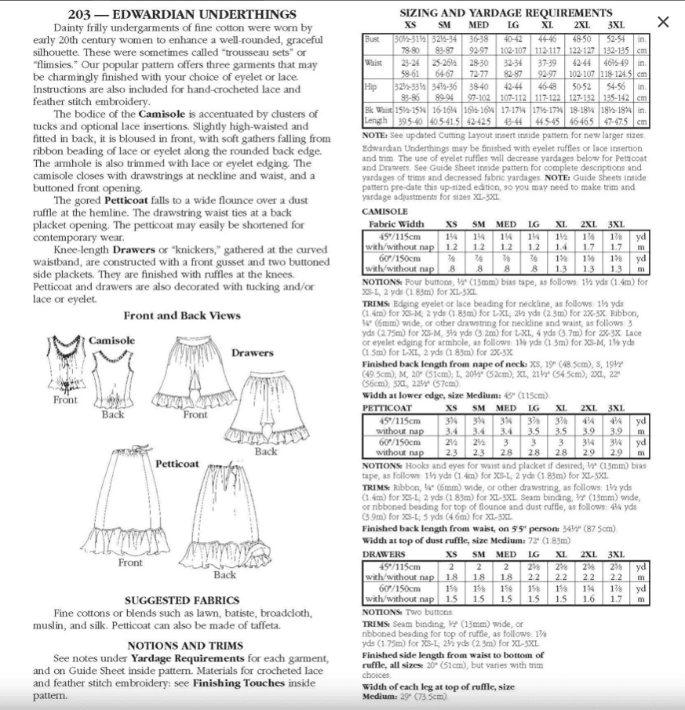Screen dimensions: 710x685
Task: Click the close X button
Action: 663,22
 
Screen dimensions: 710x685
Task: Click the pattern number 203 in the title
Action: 81,14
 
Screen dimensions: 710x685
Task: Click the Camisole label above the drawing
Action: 111,340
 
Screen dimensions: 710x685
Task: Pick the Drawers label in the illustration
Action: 252,353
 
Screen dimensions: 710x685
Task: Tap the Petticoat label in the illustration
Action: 177,464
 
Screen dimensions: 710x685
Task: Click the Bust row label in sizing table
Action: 372,38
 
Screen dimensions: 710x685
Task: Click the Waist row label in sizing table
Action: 373,63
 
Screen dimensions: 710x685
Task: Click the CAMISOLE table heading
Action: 385,211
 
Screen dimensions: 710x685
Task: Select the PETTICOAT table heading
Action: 388,408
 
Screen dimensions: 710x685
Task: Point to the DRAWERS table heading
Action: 384,554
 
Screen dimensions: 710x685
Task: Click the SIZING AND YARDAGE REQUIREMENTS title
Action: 505,13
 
